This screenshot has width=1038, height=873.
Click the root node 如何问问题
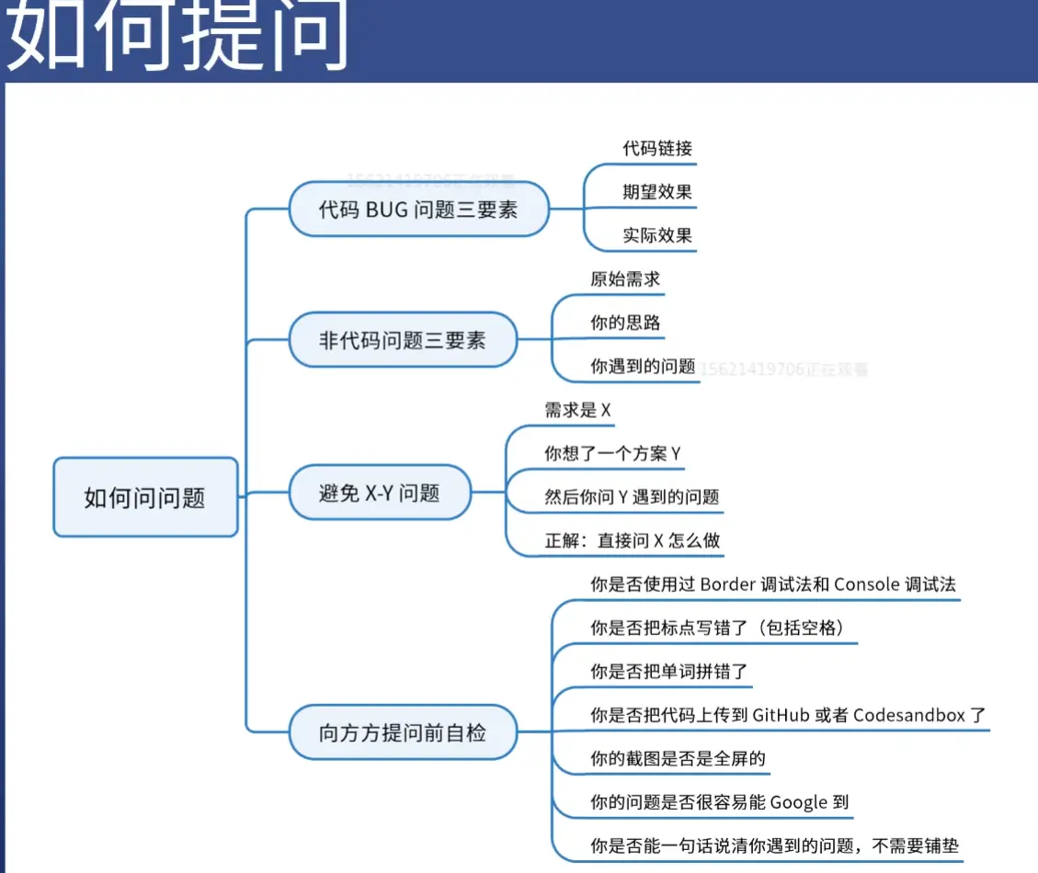tap(145, 498)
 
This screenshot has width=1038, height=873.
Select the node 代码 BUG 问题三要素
tap(418, 210)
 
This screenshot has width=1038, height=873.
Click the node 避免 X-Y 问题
tap(379, 493)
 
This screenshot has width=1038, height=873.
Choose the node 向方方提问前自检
tap(402, 733)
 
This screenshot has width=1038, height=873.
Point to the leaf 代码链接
tap(656, 148)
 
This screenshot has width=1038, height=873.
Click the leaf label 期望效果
tap(656, 192)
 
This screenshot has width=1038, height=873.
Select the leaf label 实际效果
tap(656, 235)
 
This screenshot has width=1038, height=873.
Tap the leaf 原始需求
tap(625, 279)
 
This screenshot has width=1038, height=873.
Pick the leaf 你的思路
tap(625, 323)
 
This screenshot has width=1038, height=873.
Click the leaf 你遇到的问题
tap(643, 366)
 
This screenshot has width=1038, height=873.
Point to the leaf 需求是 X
tap(577, 410)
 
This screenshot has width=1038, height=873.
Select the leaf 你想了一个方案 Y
tap(612, 453)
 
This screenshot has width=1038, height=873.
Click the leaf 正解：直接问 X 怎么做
tap(632, 540)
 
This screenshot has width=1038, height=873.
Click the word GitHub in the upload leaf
tap(781, 715)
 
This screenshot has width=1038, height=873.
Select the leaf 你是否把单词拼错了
tap(668, 672)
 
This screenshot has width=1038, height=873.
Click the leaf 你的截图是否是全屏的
tap(678, 759)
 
